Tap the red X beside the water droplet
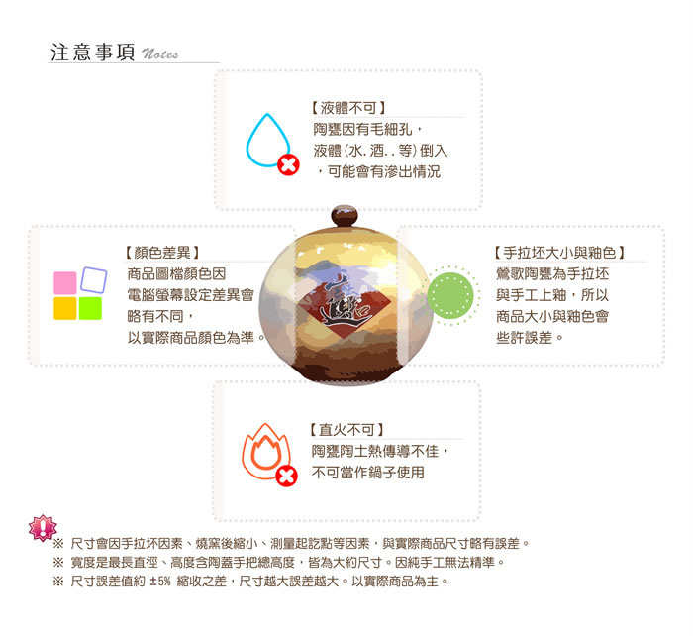pyautogui.click(x=288, y=165)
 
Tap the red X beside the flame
pyautogui.click(x=286, y=477)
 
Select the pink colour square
pyautogui.click(x=65, y=283)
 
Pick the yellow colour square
pyautogui.click(x=65, y=308)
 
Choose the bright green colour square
pyautogui.click(x=90, y=308)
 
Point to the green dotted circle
pyautogui.click(x=450, y=295)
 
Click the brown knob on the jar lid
pyautogui.click(x=345, y=216)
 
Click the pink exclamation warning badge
pyautogui.click(x=43, y=528)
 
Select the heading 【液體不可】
pyautogui.click(x=347, y=107)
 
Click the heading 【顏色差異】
pyautogui.click(x=161, y=253)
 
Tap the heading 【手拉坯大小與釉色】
pyautogui.click(x=559, y=253)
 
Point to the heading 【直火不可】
pyautogui.click(x=346, y=430)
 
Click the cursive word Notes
pyautogui.click(x=160, y=53)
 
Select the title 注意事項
pyautogui.click(x=93, y=53)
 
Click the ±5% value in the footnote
pyautogui.click(x=160, y=582)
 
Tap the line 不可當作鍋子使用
pyautogui.click(x=367, y=473)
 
